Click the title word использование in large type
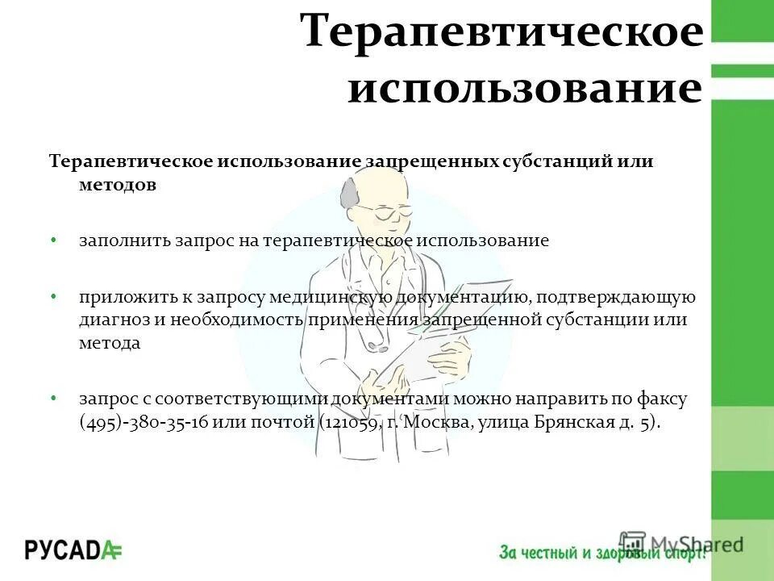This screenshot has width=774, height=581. [x=524, y=88]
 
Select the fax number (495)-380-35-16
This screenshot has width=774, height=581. [x=153, y=423]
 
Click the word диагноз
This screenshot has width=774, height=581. [x=111, y=320]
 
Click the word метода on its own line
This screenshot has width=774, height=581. [x=110, y=342]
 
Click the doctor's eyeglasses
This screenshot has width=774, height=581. [x=385, y=211]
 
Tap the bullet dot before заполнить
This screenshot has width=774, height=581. [x=53, y=240]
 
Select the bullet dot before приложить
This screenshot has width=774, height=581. [x=53, y=296]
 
